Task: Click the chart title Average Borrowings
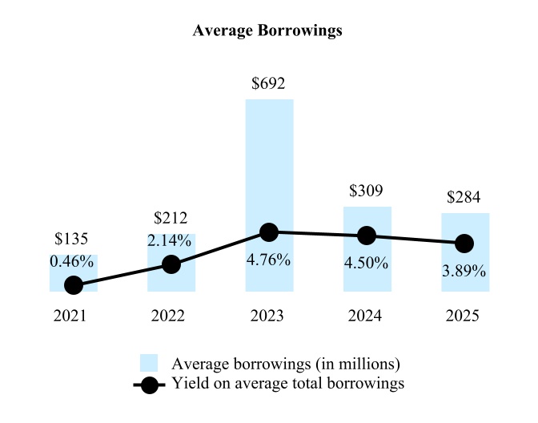pos(267,31)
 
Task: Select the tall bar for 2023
pos(269,160)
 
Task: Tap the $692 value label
pos(269,83)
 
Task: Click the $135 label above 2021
pos(71,239)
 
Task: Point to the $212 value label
pos(170,218)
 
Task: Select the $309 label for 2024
pos(367,191)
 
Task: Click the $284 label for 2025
pos(464,197)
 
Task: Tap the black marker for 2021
pos(74,284)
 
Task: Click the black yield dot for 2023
pos(269,232)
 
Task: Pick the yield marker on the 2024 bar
pos(367,236)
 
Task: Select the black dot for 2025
pos(464,243)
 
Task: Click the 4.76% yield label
pos(269,260)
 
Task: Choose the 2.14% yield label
pos(170,240)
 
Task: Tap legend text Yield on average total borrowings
pos(288,384)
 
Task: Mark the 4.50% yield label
pos(367,263)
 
